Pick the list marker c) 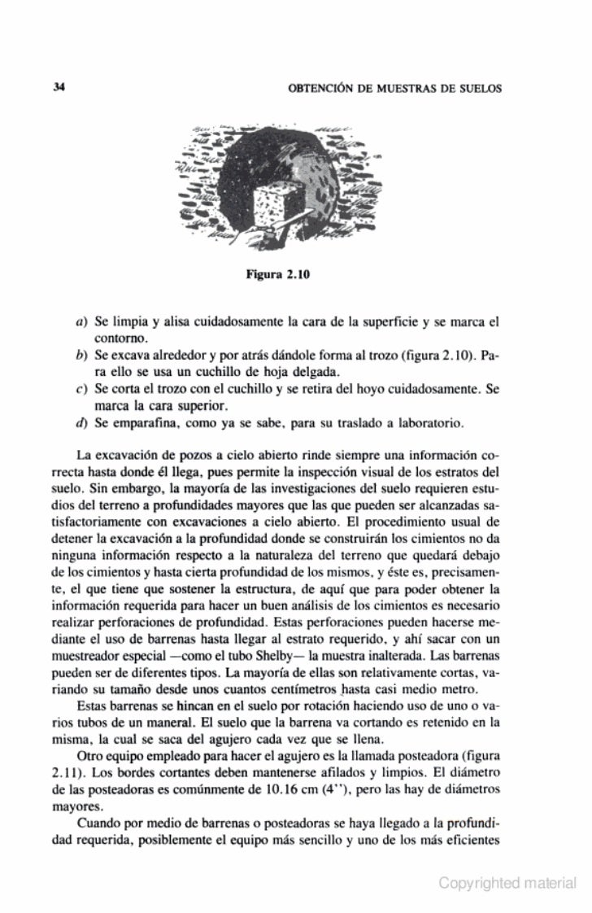[x=81, y=390]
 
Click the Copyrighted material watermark [x=507, y=882]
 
